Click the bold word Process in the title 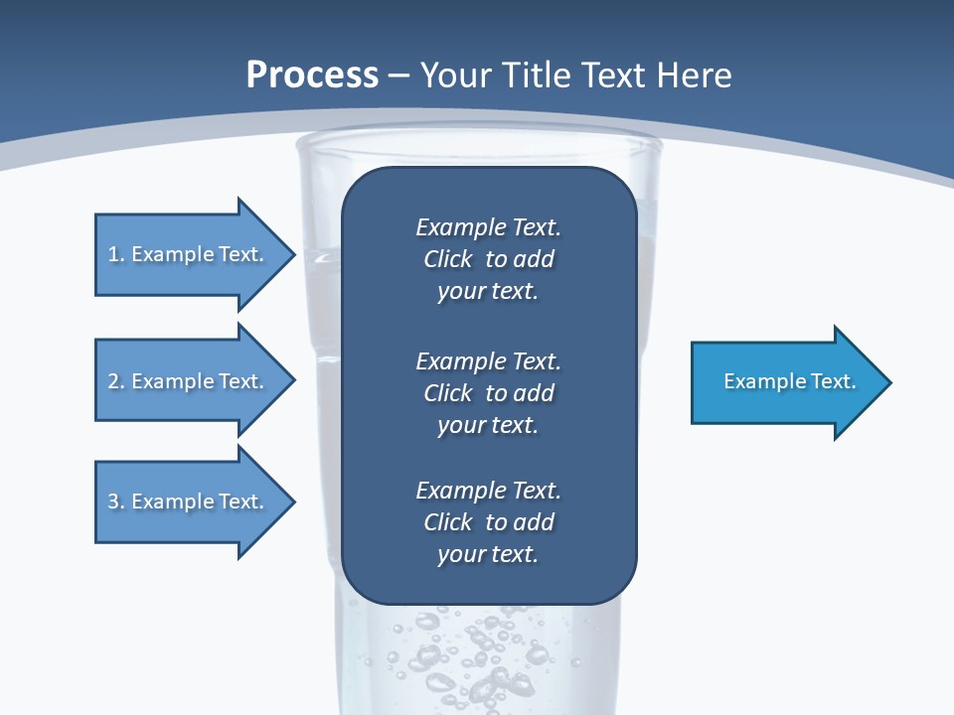(312, 75)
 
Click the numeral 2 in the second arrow (113, 381)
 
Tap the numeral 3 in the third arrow (113, 501)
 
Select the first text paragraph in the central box (488, 259)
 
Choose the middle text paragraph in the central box (488, 393)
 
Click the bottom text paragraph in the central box (488, 522)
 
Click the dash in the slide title (399, 75)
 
